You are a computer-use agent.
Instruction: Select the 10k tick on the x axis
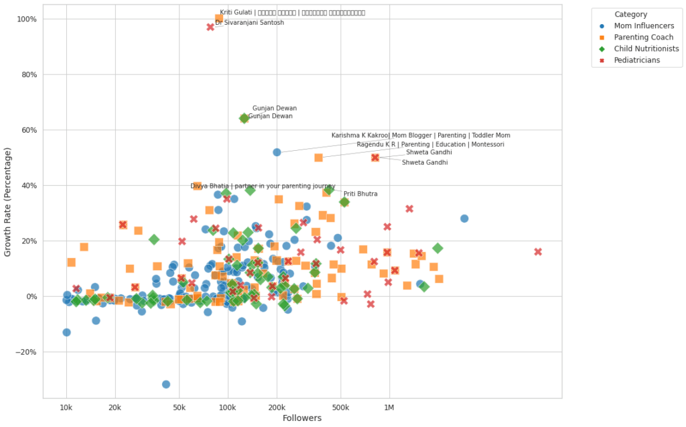click(x=66, y=407)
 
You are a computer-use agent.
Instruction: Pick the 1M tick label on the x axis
click(x=389, y=407)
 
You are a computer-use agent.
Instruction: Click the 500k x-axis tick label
click(x=340, y=407)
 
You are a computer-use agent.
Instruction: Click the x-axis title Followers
click(x=302, y=418)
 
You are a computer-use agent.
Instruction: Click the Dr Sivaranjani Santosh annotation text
click(x=249, y=23)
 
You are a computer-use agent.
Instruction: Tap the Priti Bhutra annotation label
click(x=360, y=194)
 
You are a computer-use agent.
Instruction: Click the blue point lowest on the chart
click(x=165, y=384)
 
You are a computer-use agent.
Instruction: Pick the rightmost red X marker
click(x=538, y=252)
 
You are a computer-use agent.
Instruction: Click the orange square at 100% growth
click(x=219, y=19)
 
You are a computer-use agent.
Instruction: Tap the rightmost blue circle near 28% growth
click(x=464, y=219)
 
